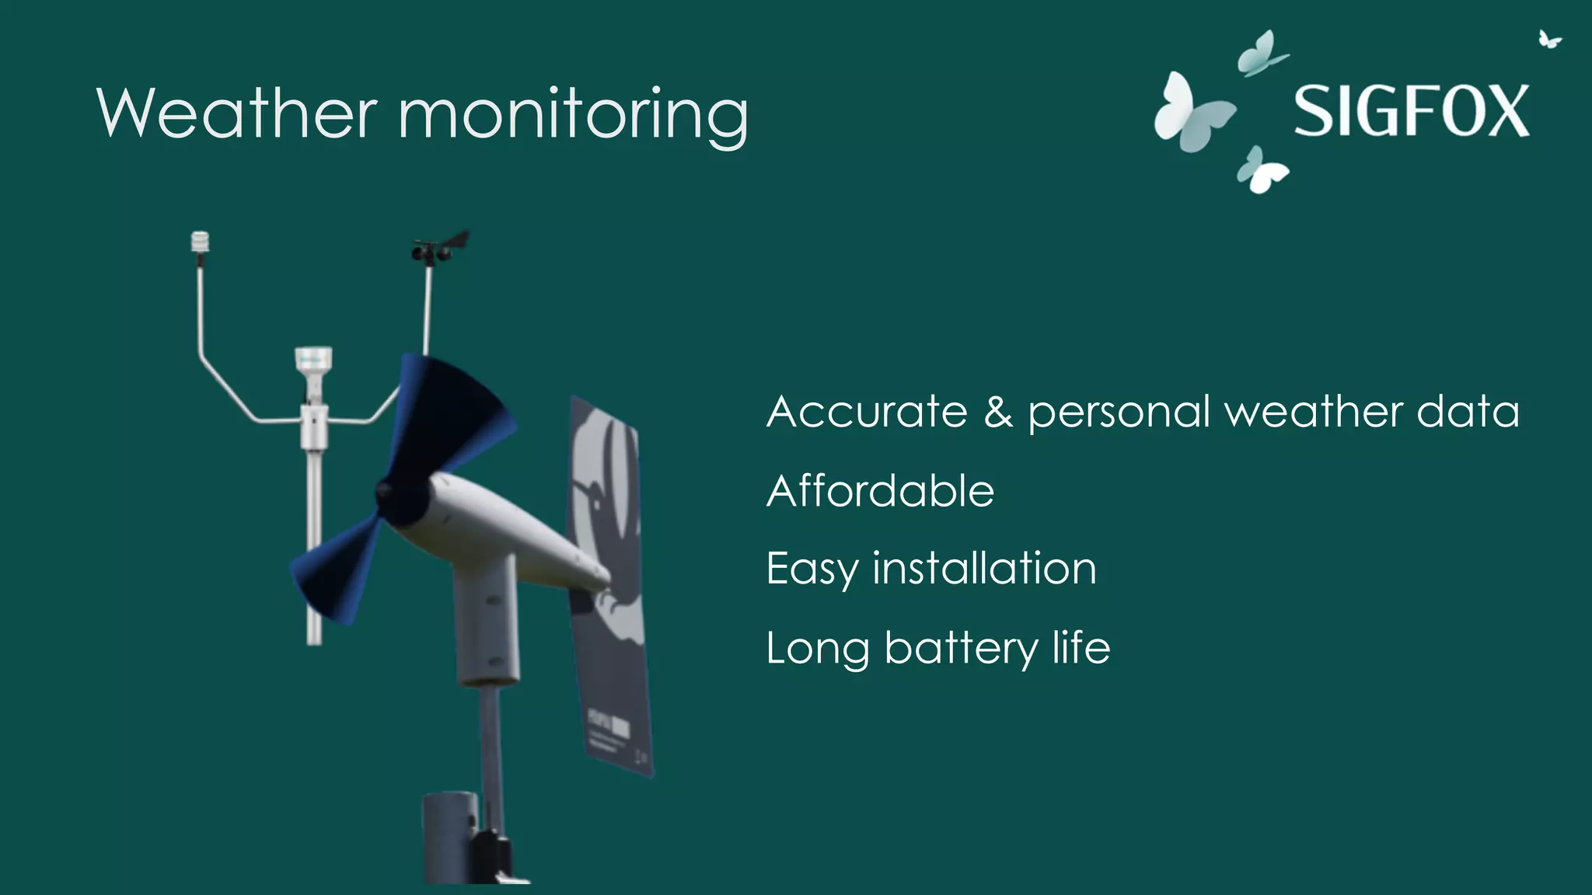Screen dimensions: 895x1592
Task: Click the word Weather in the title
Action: pos(237,113)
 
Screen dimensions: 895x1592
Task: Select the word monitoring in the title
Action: pos(573,117)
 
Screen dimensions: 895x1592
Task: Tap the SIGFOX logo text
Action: pos(1411,112)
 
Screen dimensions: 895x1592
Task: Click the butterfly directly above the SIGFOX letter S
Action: pos(1261,54)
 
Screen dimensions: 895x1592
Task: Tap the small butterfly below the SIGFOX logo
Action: pos(1261,170)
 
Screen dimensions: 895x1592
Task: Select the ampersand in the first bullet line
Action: pos(998,412)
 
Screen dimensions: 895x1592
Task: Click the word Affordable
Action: pos(880,491)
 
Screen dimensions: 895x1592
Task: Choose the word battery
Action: pos(961,649)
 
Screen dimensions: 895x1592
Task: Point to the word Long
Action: pos(817,649)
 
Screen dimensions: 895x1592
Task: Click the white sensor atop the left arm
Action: pos(201,242)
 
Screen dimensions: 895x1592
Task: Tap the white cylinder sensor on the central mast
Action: pos(313,362)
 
